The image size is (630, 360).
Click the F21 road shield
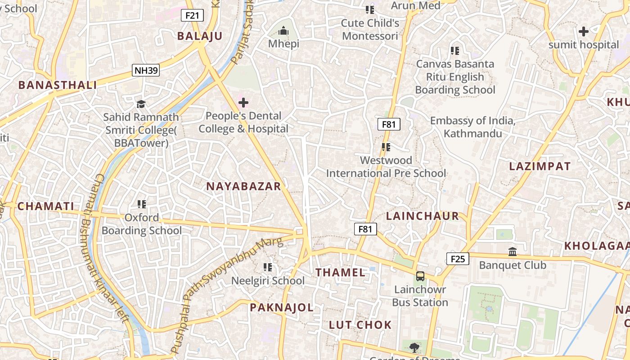(x=192, y=15)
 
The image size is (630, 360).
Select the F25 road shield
(x=458, y=258)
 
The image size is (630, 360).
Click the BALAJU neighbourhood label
(x=200, y=36)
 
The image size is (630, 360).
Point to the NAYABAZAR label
(x=243, y=186)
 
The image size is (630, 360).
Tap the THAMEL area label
(x=340, y=272)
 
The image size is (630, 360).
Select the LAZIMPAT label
(x=540, y=166)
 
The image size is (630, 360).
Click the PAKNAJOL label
(x=282, y=308)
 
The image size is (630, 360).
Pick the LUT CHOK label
(x=360, y=325)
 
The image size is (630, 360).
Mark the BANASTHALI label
(x=58, y=85)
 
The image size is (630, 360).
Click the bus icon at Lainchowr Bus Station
(x=420, y=276)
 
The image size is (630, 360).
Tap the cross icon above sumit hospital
(x=583, y=31)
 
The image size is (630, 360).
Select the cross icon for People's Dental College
(x=243, y=103)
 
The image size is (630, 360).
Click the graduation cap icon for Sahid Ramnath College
(x=141, y=104)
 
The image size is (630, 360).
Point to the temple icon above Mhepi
(x=283, y=31)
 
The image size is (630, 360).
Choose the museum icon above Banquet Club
(x=513, y=252)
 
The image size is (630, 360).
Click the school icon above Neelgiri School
(x=268, y=267)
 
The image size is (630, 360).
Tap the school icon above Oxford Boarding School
(x=142, y=204)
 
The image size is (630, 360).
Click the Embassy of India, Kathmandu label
(x=472, y=127)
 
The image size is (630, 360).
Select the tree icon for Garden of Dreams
(x=414, y=347)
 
